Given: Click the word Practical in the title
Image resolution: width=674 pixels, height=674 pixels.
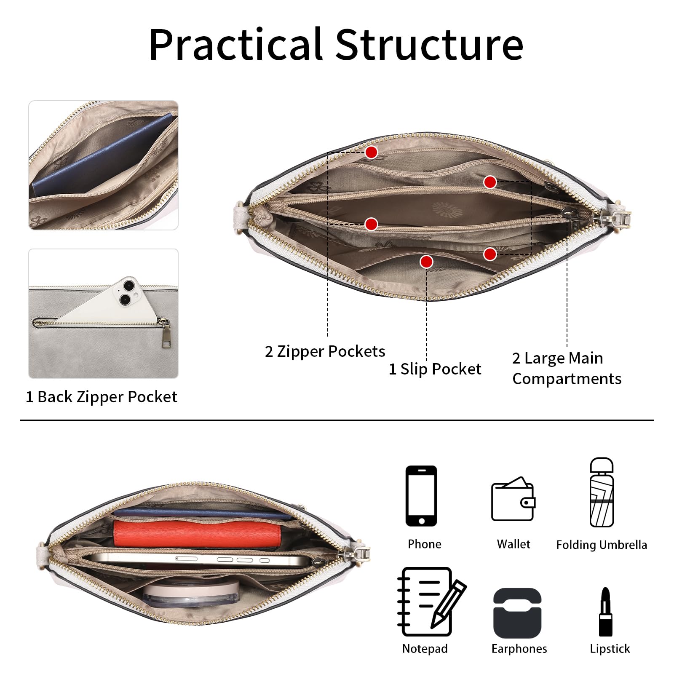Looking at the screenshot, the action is point(236,44).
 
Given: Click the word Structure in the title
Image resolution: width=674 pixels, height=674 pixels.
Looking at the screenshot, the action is point(429,44).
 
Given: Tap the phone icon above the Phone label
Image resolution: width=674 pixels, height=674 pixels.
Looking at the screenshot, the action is point(421,496).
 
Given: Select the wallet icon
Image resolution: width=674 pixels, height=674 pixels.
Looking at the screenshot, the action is point(513,500).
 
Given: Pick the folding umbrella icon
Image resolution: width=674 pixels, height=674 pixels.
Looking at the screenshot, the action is point(602,492).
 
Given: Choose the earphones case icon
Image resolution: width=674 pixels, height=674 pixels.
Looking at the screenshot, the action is point(517,613).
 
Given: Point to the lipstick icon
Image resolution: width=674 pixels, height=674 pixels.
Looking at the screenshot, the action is point(606,612).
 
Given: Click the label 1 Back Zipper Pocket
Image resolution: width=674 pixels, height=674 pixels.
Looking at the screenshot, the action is point(102,397).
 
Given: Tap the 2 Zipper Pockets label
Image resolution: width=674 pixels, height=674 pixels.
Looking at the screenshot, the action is point(325,352).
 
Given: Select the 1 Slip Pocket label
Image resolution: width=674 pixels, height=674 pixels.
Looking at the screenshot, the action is point(435,369).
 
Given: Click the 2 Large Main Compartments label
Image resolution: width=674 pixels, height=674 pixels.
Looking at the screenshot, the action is point(567,369).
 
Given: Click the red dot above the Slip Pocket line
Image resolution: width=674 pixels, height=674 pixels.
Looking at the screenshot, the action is point(426,262).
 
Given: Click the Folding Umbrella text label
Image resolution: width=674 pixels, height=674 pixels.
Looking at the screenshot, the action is point(602,545).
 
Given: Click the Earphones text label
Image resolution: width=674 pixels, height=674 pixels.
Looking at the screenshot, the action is point(519,649).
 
